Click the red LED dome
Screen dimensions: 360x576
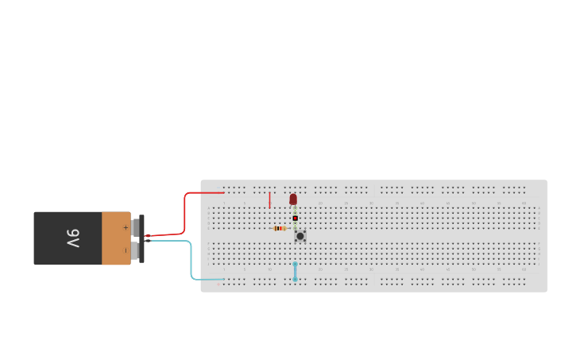[293, 199]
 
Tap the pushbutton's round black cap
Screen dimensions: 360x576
[300, 236]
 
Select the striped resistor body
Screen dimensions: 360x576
[280, 228]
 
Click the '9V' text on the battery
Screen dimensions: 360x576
[72, 238]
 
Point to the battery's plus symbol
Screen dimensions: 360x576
[125, 227]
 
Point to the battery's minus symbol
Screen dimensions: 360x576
[125, 250]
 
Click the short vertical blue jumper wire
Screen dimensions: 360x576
[296, 271]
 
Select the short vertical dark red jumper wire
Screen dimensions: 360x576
[269, 199]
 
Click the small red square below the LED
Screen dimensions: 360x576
[295, 218]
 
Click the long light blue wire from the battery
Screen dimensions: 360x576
[191, 258]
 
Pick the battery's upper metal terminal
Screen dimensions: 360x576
[135, 228]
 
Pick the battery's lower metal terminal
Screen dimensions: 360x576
[135, 251]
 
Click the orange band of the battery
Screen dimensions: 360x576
[115, 238]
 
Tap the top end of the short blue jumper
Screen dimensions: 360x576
[296, 264]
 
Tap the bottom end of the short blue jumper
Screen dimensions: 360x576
[296, 279]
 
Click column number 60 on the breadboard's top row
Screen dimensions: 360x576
[524, 203]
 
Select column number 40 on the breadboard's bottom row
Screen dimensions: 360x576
[422, 269]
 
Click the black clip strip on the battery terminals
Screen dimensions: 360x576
[141, 238]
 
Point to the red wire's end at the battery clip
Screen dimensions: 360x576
[147, 236]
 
